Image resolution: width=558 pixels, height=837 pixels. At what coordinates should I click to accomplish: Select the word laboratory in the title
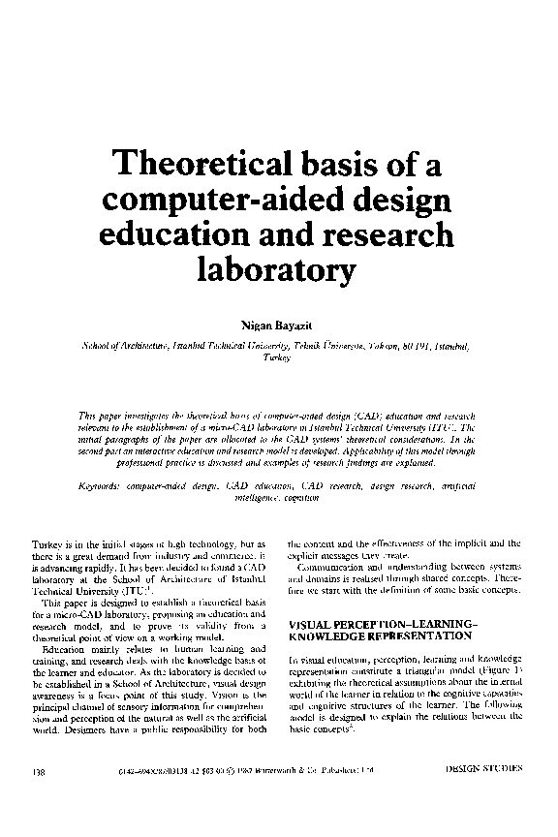278,268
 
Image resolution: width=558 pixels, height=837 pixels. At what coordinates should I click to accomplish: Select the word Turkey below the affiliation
278,356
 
